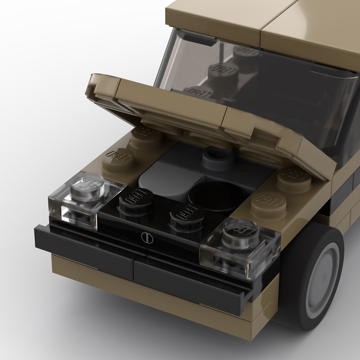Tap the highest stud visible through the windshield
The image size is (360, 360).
click(246, 53)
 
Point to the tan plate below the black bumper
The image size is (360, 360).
click(147, 290)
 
